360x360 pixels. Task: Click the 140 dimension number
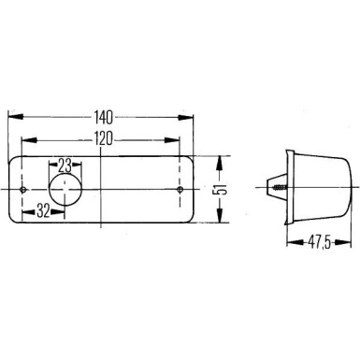[105, 119]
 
